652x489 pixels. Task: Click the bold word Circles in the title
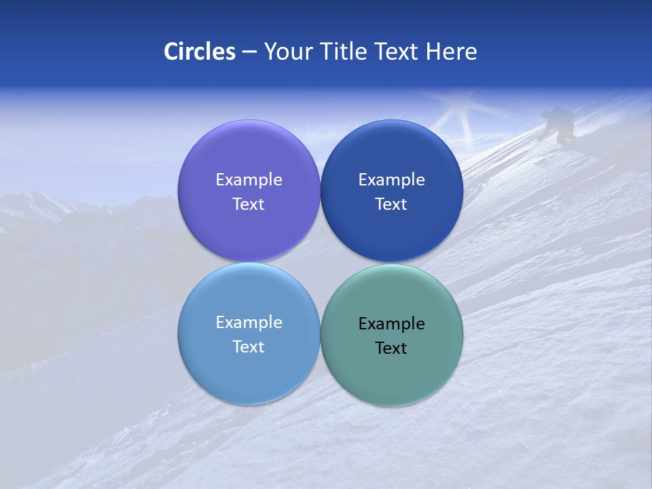(199, 52)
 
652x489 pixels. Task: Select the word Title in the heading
(346, 52)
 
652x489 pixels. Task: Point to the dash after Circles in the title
(249, 52)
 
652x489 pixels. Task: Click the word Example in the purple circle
(249, 180)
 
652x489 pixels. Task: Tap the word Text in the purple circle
(249, 204)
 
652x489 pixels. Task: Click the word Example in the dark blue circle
(391, 180)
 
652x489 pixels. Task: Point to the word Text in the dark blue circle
(391, 204)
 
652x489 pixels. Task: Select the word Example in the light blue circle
(249, 323)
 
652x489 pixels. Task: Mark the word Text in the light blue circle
(249, 347)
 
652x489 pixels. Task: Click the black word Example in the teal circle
(391, 324)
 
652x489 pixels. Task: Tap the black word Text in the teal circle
(391, 348)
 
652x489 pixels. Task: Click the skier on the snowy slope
(560, 124)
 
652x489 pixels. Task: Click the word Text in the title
(397, 52)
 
